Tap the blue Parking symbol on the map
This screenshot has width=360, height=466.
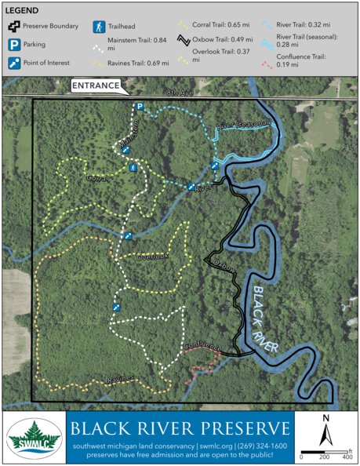point(139,106)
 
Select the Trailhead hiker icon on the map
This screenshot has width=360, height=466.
point(134,167)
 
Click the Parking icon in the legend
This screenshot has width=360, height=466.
point(13,43)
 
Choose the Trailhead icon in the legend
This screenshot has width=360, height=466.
point(99,27)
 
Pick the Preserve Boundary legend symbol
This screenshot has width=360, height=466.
point(13,27)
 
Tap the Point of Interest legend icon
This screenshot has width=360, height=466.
point(13,60)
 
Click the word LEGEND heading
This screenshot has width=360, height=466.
point(24,9)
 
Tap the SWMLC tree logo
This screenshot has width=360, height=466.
point(34,439)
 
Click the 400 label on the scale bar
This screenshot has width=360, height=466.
point(346,456)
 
